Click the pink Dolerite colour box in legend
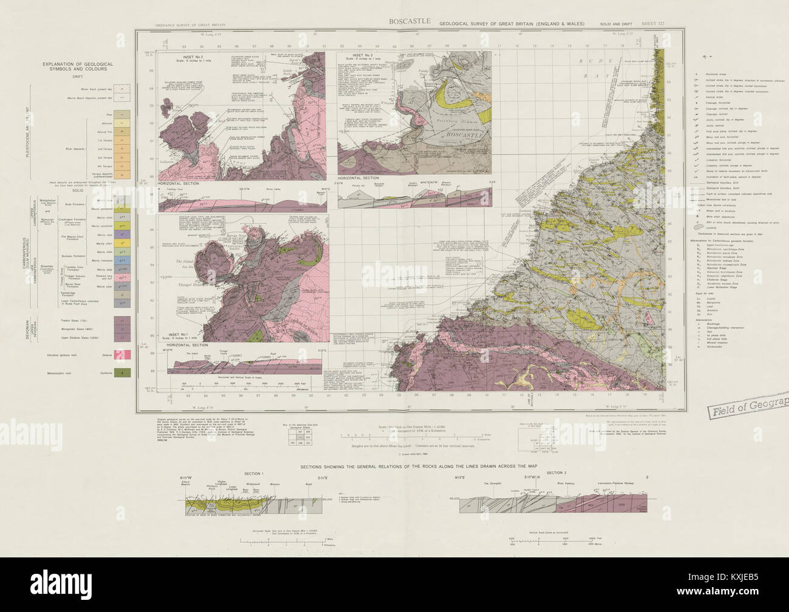coord(122,354)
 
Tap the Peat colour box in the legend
coord(122,114)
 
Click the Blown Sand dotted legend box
coord(122,87)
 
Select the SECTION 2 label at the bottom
coord(555,472)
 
